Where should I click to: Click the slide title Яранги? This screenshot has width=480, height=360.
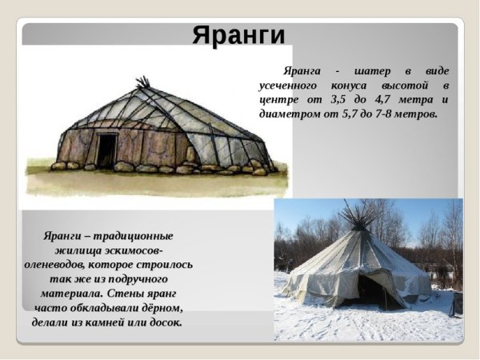click(238, 34)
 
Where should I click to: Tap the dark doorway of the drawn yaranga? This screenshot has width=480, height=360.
click(106, 150)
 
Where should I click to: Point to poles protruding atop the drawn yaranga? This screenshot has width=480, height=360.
click(143, 82)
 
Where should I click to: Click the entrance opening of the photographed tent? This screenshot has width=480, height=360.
click(370, 291)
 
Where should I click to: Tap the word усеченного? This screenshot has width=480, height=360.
click(291, 85)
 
